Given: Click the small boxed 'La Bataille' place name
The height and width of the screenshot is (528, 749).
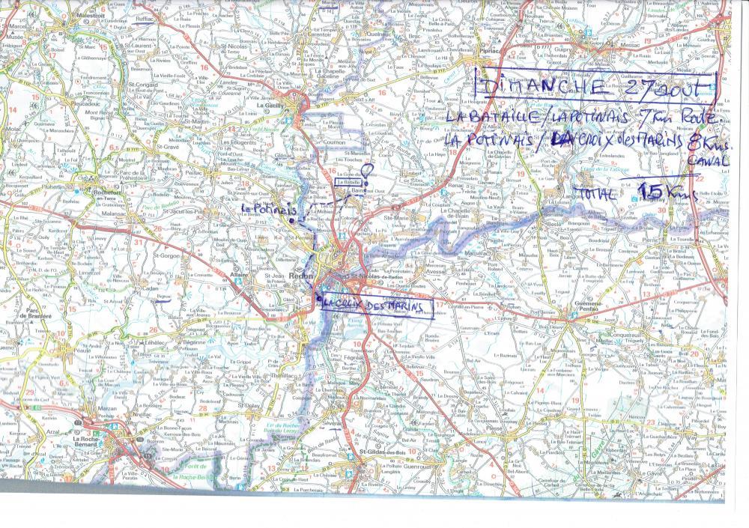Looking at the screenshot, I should tap(348, 182).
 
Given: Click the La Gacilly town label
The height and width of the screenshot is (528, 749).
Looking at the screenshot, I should tap(268, 106).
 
